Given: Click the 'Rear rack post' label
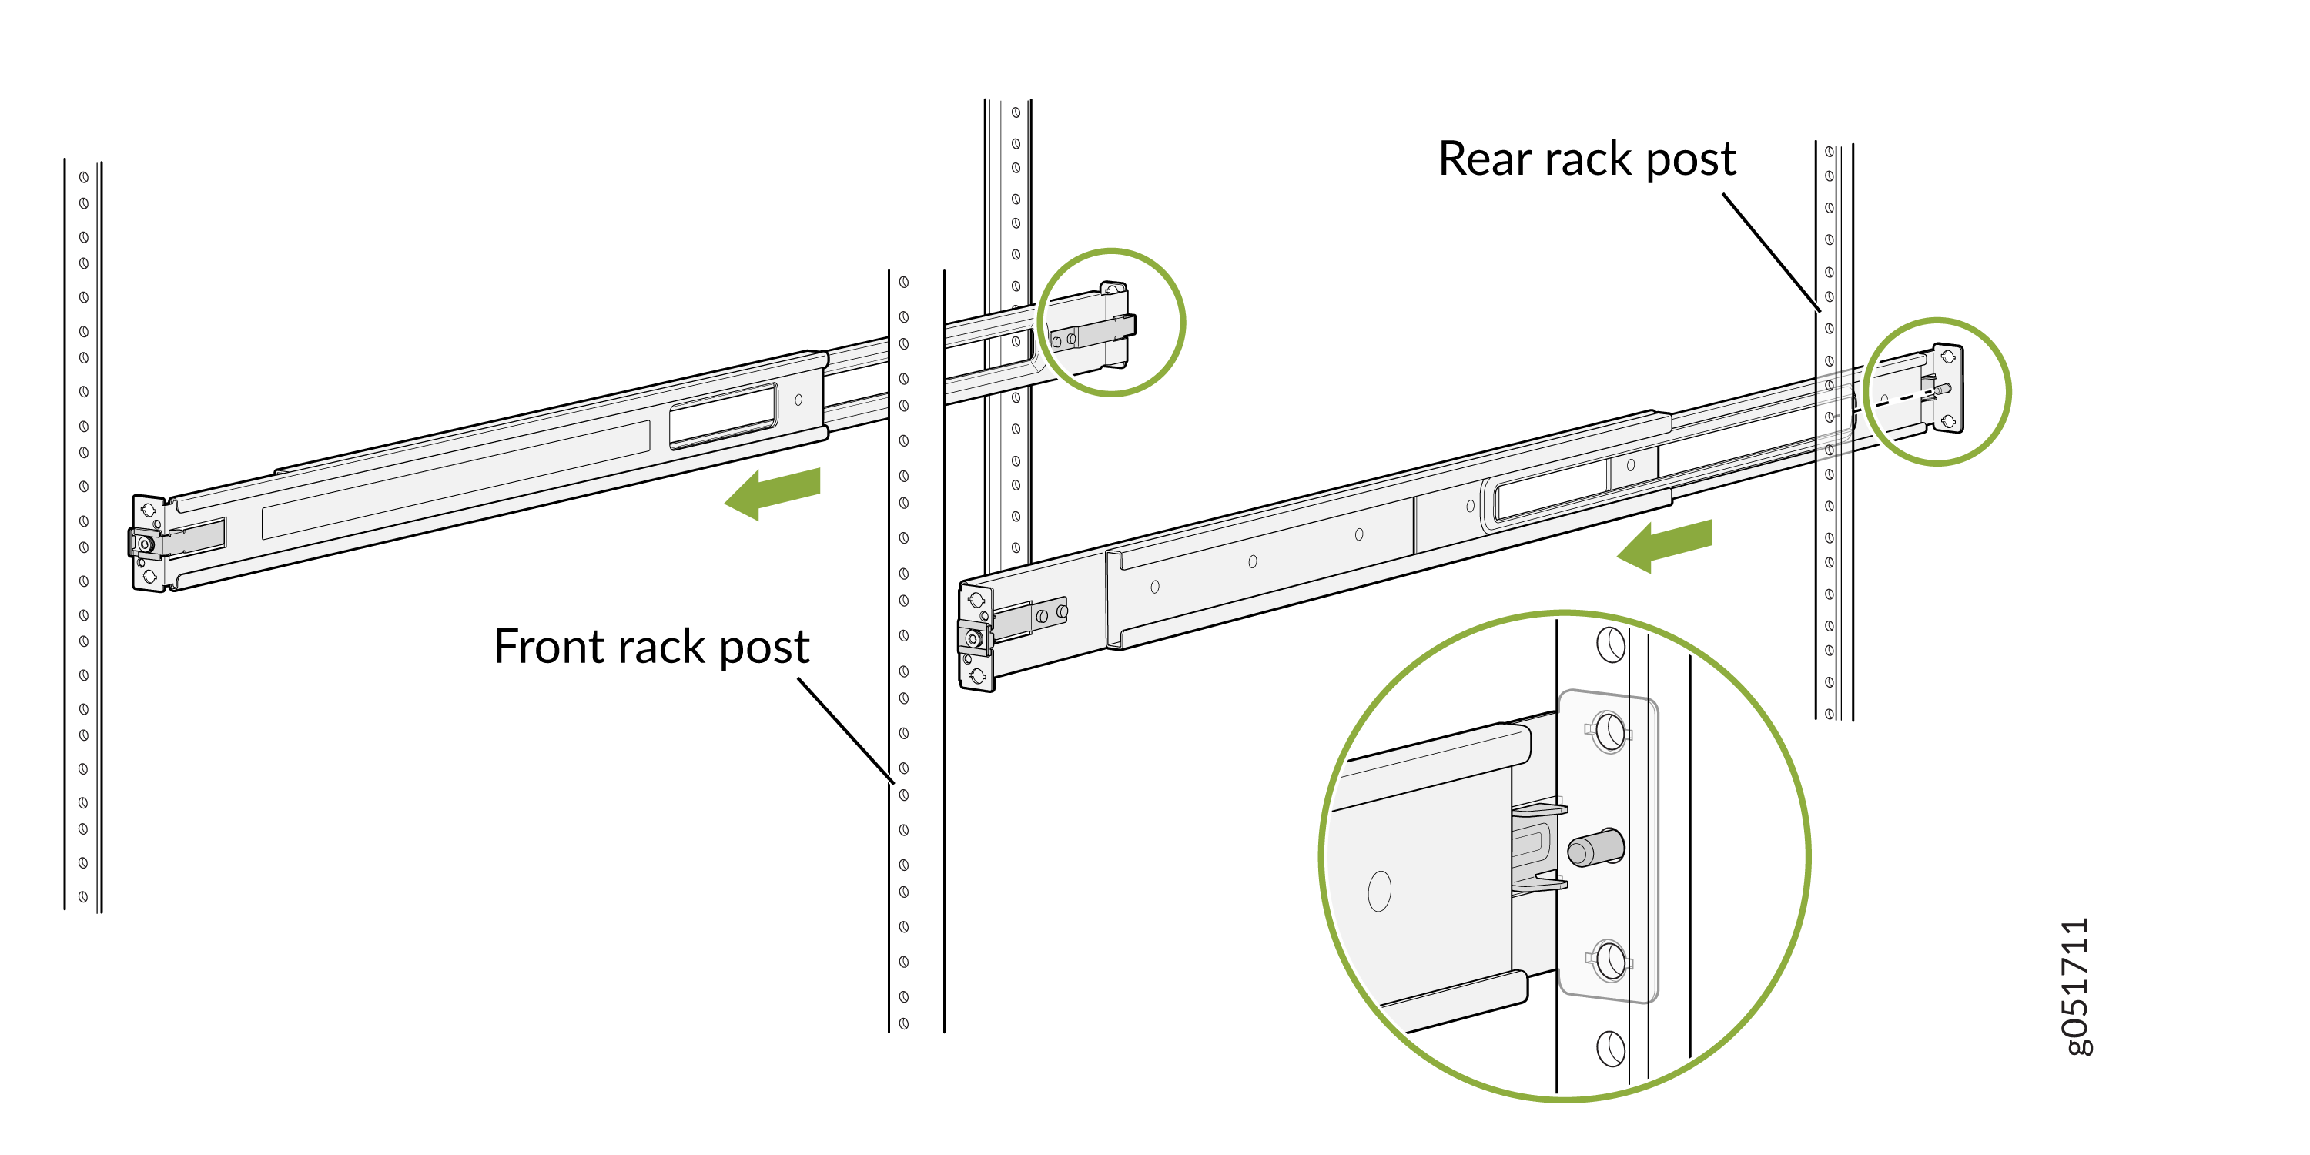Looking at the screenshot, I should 1586,159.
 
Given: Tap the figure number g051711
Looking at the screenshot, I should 2077,986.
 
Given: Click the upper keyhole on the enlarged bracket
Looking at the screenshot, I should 1609,731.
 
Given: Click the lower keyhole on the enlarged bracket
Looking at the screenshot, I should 1609,960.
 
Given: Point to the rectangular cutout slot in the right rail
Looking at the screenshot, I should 1552,490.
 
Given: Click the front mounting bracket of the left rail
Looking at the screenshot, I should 148,544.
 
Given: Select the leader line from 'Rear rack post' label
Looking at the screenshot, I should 1771,252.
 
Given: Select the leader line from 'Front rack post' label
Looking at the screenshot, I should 845,730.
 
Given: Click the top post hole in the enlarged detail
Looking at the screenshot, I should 1611,644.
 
